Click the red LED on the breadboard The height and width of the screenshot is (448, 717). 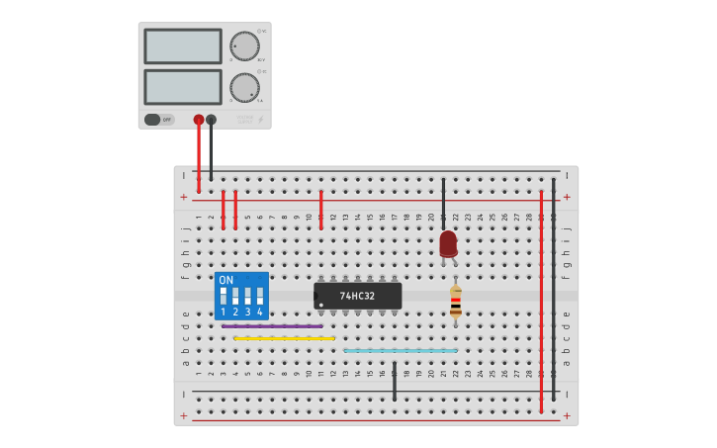[448, 242]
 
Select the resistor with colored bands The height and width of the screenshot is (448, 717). [455, 303]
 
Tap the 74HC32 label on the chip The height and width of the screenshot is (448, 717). [357, 296]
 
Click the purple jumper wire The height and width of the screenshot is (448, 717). [272, 325]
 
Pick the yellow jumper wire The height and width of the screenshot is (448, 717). [284, 338]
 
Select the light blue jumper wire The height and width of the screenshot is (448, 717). [401, 350]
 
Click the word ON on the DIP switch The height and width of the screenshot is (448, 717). [226, 280]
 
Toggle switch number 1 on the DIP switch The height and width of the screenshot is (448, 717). [224, 296]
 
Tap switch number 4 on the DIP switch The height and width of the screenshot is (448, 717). [260, 296]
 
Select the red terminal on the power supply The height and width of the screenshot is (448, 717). [199, 120]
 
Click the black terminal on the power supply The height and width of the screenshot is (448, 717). [211, 120]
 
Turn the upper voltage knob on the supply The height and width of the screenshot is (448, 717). [244, 45]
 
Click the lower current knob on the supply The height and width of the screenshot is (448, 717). [244, 86]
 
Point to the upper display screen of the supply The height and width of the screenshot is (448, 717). [183, 45]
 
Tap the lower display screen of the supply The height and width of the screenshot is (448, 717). [183, 86]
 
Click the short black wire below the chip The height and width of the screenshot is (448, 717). [394, 381]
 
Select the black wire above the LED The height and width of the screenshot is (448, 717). [443, 203]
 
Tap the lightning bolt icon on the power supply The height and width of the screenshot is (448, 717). [261, 120]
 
